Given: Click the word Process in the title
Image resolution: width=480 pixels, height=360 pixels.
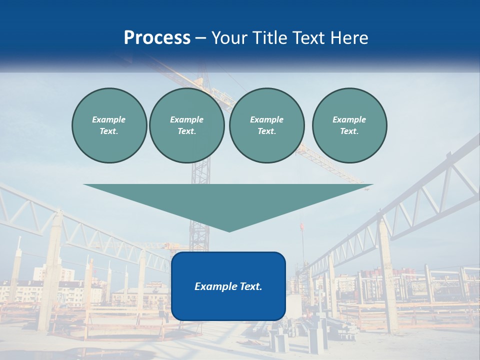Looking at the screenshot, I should [x=157, y=38].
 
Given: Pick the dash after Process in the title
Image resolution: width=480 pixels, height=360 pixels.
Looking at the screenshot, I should [x=201, y=38].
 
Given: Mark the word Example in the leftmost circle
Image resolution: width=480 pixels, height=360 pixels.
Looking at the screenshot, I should [x=109, y=119].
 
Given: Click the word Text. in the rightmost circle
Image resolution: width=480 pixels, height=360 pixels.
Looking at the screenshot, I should [x=349, y=131].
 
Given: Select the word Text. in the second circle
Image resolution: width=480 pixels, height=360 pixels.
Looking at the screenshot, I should [x=187, y=131].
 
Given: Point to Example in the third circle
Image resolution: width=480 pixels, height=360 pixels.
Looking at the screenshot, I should [x=266, y=119].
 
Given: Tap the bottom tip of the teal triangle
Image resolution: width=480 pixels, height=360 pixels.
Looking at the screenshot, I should [x=229, y=230].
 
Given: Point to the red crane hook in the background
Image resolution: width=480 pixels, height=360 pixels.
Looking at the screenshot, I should [x=301, y=226].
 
